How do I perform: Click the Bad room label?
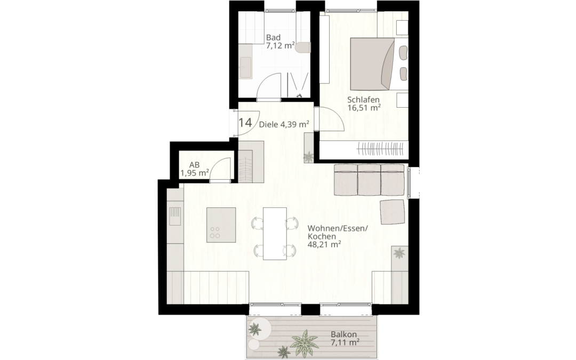click(273, 38)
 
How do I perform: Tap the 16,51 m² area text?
click(364, 108)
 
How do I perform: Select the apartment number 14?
click(245, 122)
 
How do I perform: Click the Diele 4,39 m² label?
click(284, 124)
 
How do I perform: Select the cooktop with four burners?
click(215, 231)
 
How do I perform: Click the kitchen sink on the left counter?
click(174, 217)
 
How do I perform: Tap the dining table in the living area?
click(275, 233)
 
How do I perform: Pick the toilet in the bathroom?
click(304, 47)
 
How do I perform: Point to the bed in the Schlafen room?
click(372, 63)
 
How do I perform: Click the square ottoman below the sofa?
click(392, 212)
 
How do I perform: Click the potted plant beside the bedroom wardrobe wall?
click(309, 156)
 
